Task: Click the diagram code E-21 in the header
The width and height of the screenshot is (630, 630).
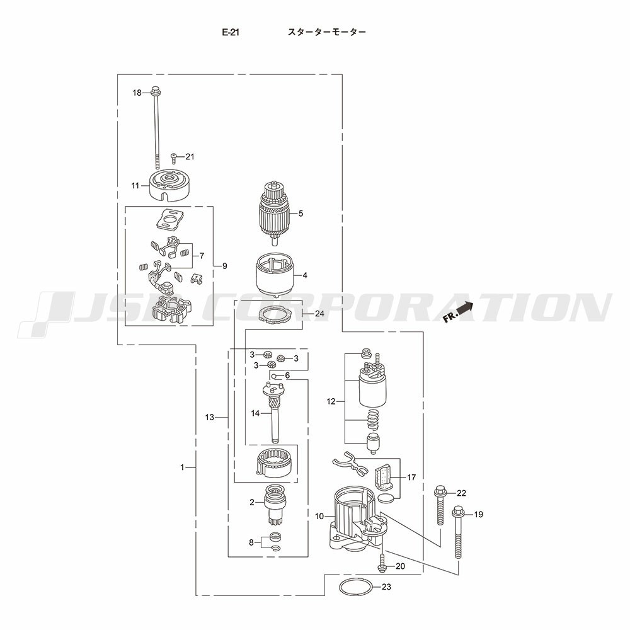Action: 231,32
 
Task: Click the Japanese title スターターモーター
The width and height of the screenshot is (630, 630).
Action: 326,32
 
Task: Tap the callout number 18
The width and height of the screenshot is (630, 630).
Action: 137,93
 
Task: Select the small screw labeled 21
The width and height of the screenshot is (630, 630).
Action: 174,158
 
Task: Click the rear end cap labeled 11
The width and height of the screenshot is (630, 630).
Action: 169,185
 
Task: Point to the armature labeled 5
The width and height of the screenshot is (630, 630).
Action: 273,214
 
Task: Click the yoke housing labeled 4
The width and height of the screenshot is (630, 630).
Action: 275,275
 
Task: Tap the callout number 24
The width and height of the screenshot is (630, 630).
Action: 319,313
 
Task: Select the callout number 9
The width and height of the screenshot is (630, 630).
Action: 225,266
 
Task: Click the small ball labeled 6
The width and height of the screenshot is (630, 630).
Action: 273,376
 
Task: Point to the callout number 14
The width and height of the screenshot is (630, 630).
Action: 256,413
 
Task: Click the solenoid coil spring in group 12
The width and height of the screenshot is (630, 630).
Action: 374,420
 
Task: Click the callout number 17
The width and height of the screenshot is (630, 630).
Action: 411,478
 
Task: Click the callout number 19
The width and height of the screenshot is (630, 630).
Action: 478,514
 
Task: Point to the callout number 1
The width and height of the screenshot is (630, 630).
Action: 182,467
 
